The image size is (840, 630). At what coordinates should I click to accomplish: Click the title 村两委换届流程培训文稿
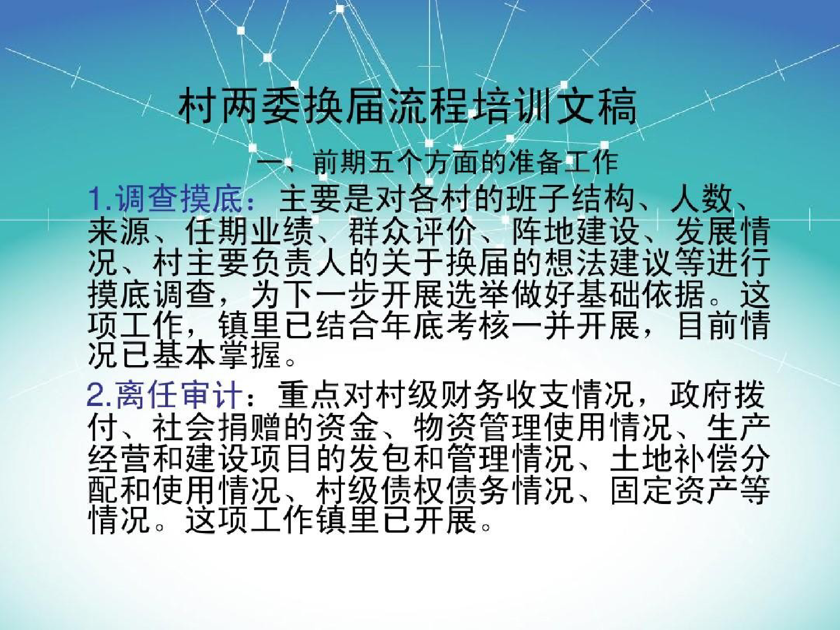click(x=407, y=106)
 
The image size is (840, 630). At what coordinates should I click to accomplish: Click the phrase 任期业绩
click(x=251, y=232)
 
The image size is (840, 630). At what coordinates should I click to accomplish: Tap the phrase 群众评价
click(x=413, y=232)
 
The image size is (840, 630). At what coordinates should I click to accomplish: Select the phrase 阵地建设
click(x=576, y=232)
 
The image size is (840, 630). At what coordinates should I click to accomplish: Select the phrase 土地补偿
click(x=674, y=459)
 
